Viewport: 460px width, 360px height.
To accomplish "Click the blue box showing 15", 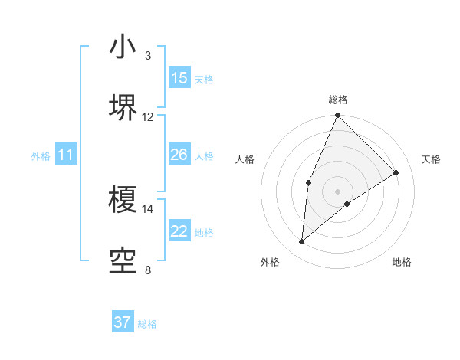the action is [x=179, y=78].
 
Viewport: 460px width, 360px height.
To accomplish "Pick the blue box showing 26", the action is [x=179, y=155].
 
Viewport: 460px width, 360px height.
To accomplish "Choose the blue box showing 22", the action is [x=179, y=231].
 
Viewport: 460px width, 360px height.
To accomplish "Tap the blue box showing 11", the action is [x=66, y=155].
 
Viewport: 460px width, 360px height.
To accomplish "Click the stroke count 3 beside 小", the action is [x=147, y=56].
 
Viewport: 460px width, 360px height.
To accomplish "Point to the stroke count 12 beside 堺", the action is [x=148, y=116].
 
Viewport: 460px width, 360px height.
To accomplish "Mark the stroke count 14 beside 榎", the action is [x=148, y=208].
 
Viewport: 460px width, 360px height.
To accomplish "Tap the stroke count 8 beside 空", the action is [x=147, y=270].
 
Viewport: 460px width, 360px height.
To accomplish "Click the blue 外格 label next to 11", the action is [x=41, y=156].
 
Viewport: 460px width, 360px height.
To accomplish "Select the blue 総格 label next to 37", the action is [x=147, y=324].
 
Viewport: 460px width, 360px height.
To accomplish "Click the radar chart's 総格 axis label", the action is [x=338, y=100].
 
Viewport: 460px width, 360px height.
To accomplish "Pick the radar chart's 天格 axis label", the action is [x=431, y=159].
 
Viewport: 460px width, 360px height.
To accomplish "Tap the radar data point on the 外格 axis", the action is [x=302, y=242].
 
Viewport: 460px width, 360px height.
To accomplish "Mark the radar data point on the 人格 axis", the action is [x=308, y=182].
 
